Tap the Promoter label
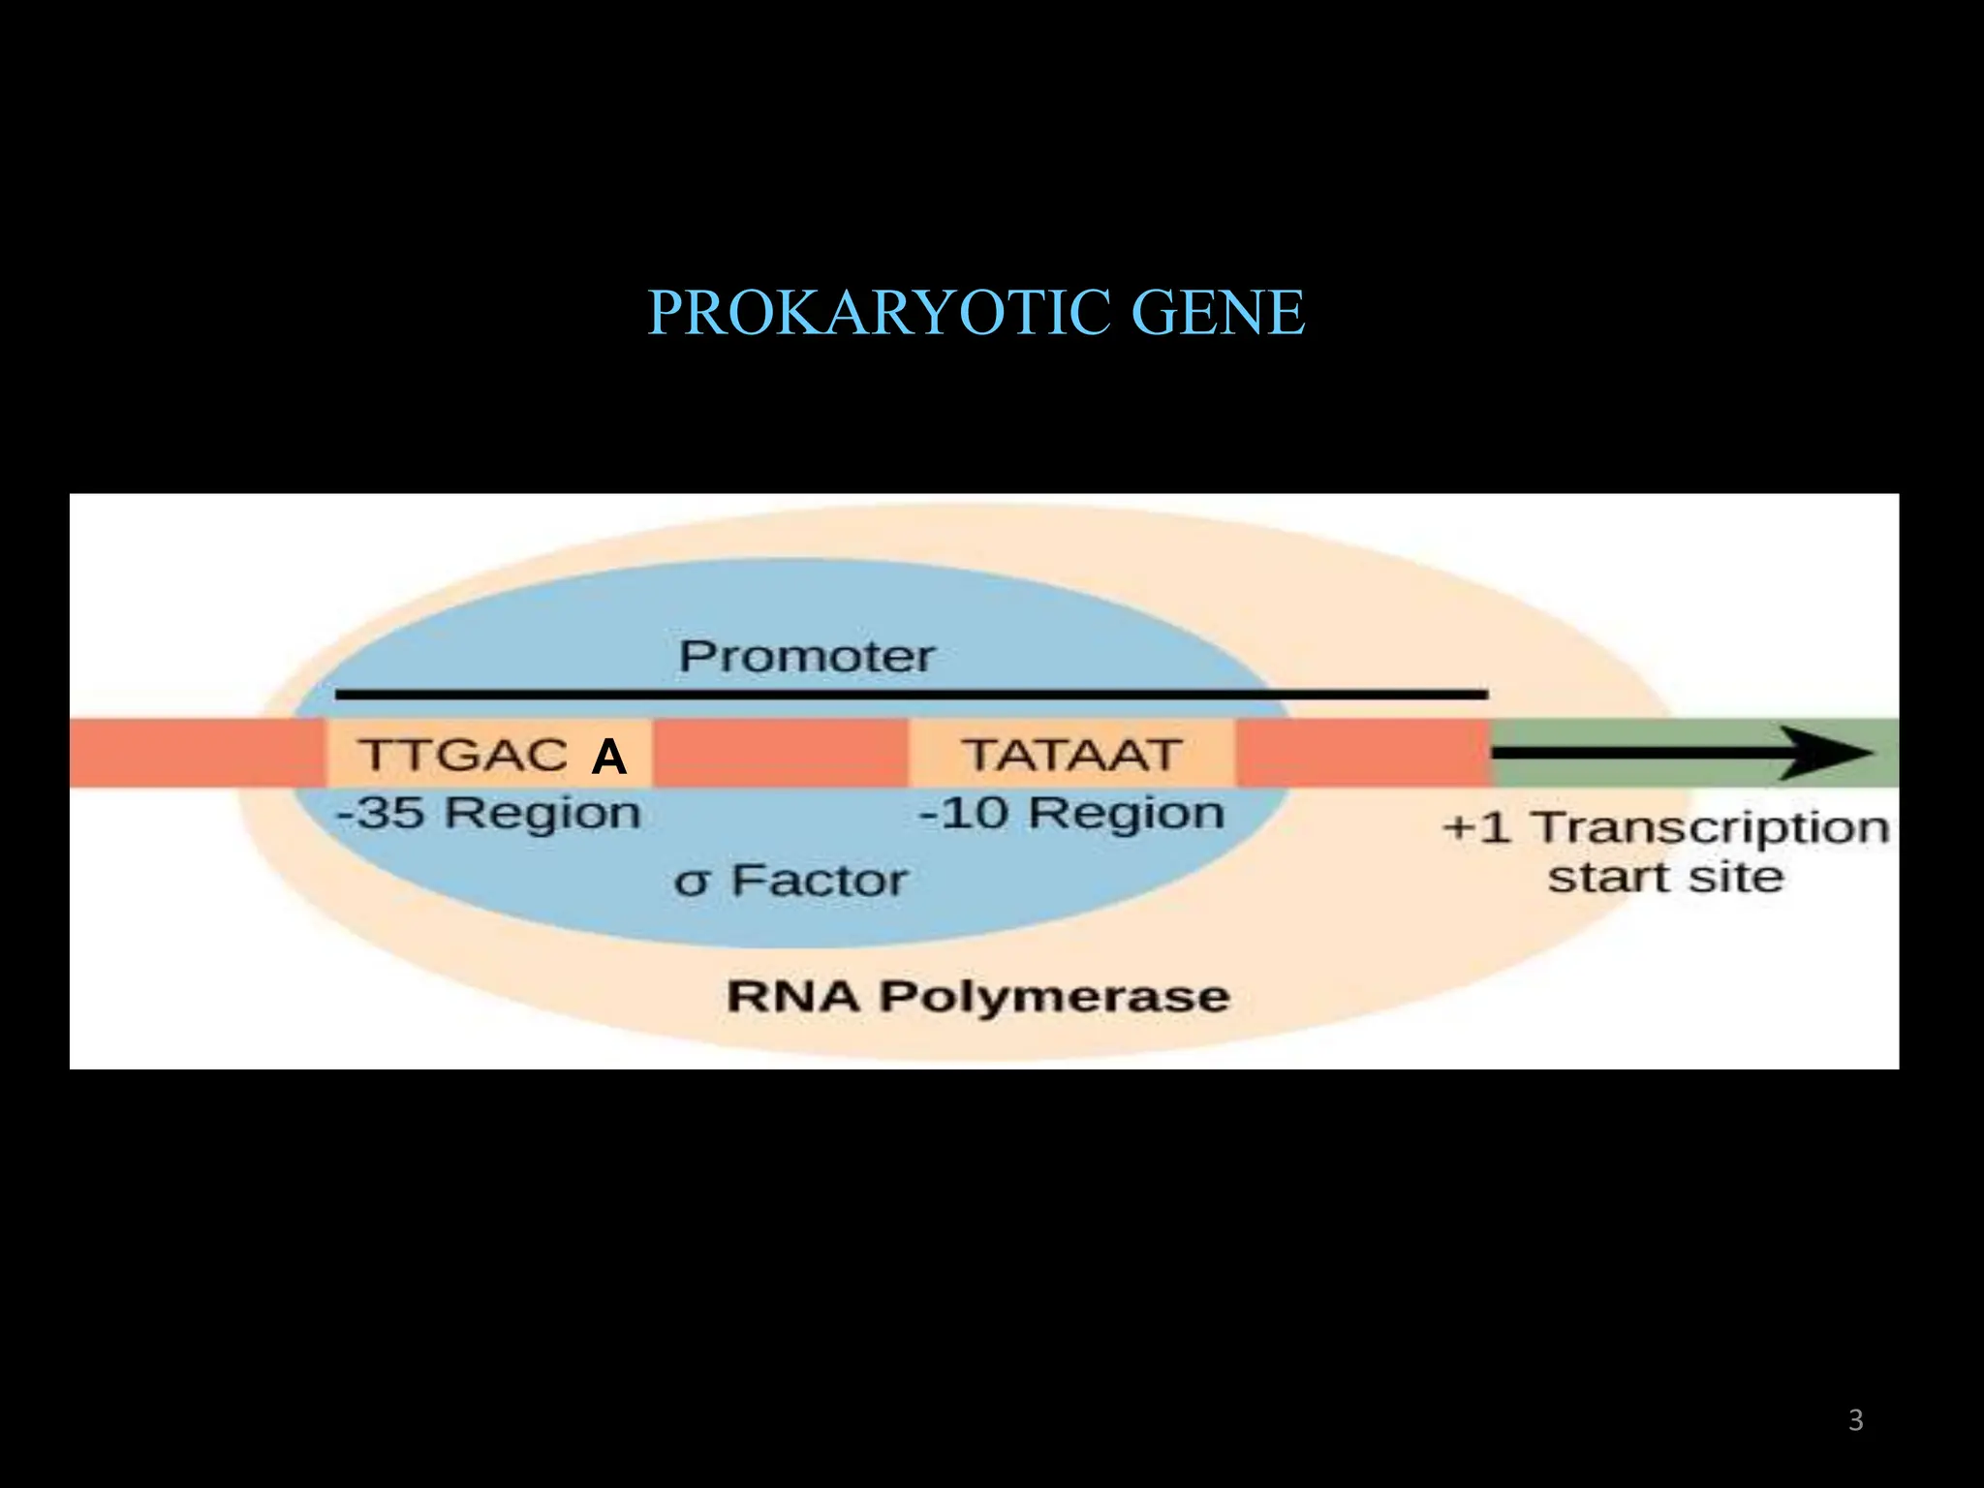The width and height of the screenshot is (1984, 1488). pos(806,657)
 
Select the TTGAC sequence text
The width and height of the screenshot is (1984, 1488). pos(463,755)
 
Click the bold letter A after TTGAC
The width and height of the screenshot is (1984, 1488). pos(608,757)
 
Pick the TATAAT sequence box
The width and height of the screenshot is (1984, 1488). pos(1071,754)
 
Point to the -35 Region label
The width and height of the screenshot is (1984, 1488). pos(488,812)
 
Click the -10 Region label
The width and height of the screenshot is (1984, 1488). pos(1071,812)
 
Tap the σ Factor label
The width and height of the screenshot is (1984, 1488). pos(790,881)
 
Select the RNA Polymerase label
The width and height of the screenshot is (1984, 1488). pos(977,996)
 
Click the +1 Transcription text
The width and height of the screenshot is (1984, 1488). pos(1665,828)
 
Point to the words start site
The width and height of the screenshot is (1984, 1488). pos(1665,877)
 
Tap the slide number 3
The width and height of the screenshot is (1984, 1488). pos(1855,1420)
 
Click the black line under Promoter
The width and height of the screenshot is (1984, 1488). pos(911,694)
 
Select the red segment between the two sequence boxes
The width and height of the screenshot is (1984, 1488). pos(781,753)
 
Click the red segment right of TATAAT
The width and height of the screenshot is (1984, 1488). pos(1362,753)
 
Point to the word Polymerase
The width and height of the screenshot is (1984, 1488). pos(1054,996)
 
